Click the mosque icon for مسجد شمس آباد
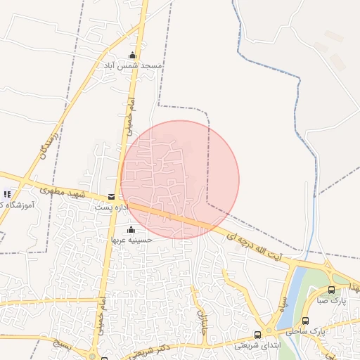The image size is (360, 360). click(x=131, y=56)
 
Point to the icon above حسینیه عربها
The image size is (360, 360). click(x=131, y=229)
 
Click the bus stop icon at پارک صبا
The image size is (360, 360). click(x=332, y=290)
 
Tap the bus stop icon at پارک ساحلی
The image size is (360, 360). click(x=305, y=321)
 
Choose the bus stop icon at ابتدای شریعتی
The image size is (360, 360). click(x=257, y=335)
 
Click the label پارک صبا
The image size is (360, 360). click(x=342, y=300)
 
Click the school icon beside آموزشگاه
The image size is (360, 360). click(x=7, y=194)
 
